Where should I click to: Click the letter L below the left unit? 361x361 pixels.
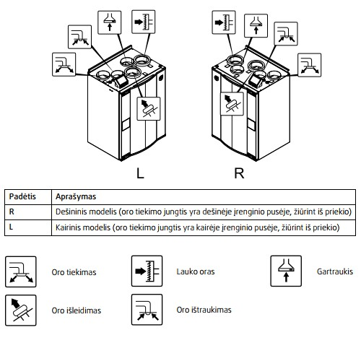tap(140, 173)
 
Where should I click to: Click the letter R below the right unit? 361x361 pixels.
tap(239, 173)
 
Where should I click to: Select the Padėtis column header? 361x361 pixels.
tap(22, 196)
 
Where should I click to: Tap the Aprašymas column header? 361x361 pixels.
tap(76, 196)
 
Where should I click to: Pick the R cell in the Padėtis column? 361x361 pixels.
tap(12, 212)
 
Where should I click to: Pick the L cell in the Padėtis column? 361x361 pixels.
tap(11, 227)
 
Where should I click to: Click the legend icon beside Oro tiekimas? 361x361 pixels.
tap(21, 271)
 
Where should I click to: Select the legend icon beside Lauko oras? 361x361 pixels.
tap(147, 271)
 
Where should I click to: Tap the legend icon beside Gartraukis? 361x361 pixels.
tap(286, 271)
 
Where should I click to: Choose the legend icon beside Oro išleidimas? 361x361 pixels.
tap(21, 310)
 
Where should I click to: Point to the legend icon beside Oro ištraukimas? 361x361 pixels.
tap(147, 310)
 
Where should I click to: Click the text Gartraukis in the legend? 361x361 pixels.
tap(335, 271)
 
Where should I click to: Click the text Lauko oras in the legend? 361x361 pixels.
tap(196, 271)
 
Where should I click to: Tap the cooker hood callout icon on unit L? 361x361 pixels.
tap(110, 22)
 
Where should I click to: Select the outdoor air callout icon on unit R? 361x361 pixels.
tap(224, 22)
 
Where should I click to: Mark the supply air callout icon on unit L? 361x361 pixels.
tap(64, 65)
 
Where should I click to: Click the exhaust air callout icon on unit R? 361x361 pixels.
tap(232, 104)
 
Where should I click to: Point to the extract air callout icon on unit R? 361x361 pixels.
tap(286, 34)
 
